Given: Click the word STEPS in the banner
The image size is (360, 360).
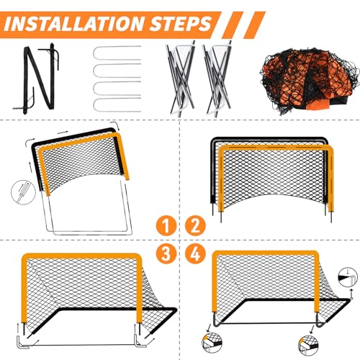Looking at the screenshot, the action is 180,24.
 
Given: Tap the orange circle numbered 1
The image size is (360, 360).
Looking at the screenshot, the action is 166,226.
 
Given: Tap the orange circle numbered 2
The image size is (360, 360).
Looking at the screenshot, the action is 195,226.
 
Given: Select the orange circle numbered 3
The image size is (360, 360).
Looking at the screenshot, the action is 166,253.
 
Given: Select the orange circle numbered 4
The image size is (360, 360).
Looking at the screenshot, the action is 195,253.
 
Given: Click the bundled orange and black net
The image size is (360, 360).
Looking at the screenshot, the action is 310,81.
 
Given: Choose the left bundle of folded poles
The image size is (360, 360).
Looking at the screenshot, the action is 180,79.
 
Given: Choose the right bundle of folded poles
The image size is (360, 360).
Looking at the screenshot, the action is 217,79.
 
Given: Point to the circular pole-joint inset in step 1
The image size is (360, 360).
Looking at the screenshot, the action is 23,192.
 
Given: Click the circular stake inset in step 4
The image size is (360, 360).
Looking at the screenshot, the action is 348,277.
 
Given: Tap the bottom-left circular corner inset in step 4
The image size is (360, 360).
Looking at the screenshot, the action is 212,343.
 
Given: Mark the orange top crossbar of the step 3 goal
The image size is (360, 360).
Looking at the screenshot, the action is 81,256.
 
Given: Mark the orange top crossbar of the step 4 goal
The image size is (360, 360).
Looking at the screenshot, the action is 266,254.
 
